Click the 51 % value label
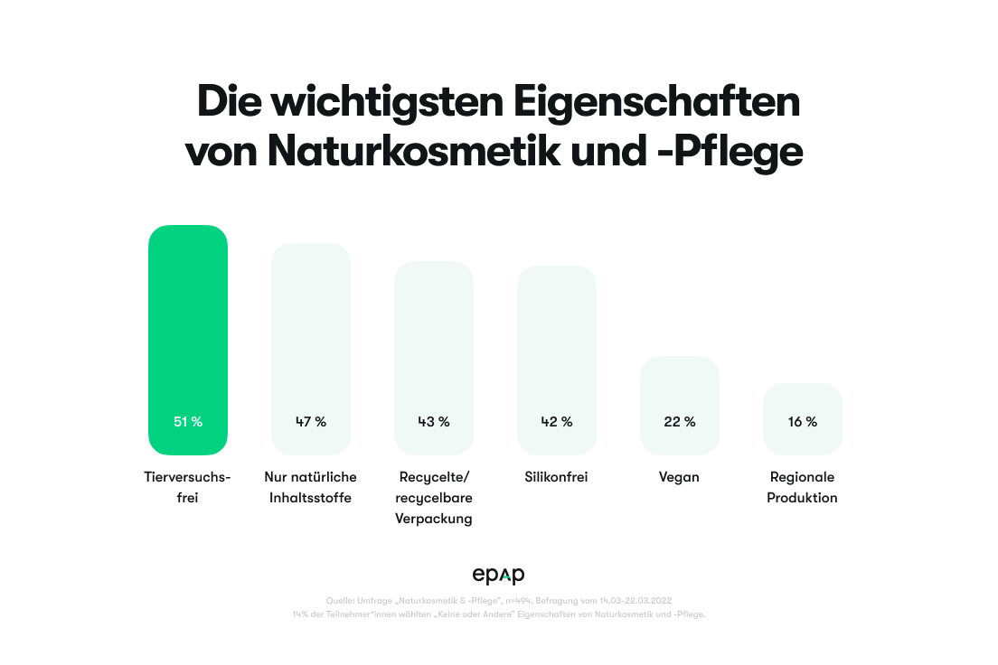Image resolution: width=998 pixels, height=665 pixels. (x=188, y=421)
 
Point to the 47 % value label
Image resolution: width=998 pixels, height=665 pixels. (x=311, y=421)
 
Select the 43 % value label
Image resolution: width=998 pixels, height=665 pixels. (x=434, y=421)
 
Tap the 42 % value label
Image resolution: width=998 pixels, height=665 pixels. (x=557, y=421)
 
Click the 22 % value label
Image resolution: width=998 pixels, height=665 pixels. (x=680, y=421)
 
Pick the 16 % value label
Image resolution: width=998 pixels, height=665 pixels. (x=803, y=421)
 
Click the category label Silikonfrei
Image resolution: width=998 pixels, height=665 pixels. (x=557, y=476)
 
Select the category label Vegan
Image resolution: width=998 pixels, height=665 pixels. (x=680, y=476)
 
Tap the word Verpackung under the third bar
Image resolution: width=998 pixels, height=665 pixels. (x=434, y=519)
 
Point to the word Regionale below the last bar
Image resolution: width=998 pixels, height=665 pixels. (x=803, y=476)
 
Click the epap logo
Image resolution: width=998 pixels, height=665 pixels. (x=499, y=575)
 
